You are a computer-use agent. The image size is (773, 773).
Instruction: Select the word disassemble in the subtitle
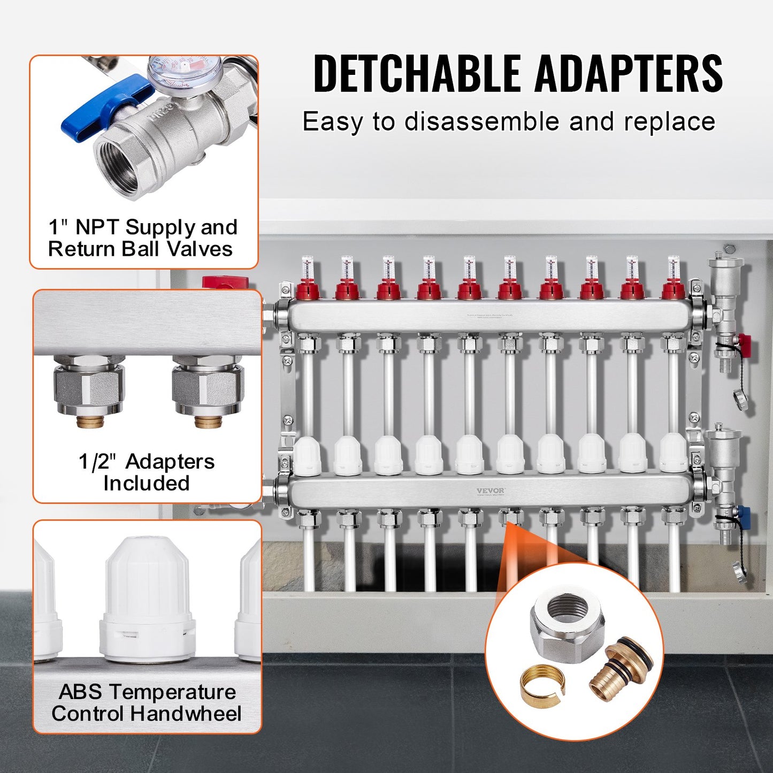482,121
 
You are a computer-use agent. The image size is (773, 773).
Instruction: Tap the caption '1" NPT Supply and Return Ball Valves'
142,238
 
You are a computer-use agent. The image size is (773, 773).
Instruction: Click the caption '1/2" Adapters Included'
147,472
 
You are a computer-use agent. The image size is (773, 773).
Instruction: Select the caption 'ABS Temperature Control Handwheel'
147,703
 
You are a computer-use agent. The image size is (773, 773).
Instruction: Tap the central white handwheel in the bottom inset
147,599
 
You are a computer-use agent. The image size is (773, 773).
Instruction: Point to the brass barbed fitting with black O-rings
621,667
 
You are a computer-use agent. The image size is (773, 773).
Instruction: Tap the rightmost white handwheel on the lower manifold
672,453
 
